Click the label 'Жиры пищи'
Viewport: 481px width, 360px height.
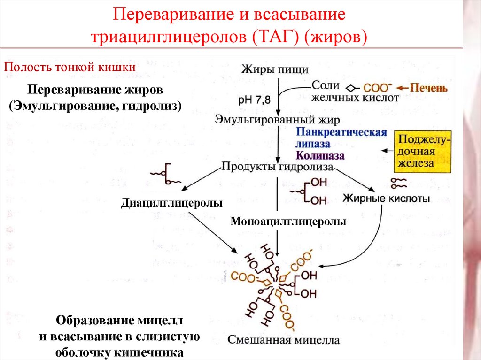[275, 70]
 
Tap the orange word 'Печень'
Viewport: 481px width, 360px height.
[428, 88]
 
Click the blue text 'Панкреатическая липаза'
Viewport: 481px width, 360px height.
[341, 138]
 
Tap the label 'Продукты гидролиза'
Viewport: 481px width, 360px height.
[277, 166]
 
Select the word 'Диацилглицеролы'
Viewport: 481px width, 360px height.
[172, 203]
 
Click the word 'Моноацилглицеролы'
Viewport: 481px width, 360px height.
[288, 222]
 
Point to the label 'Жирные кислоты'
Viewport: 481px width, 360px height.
[387, 199]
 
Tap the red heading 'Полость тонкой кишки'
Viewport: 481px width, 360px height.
[70, 67]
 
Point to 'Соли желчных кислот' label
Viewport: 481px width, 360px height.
[355, 92]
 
